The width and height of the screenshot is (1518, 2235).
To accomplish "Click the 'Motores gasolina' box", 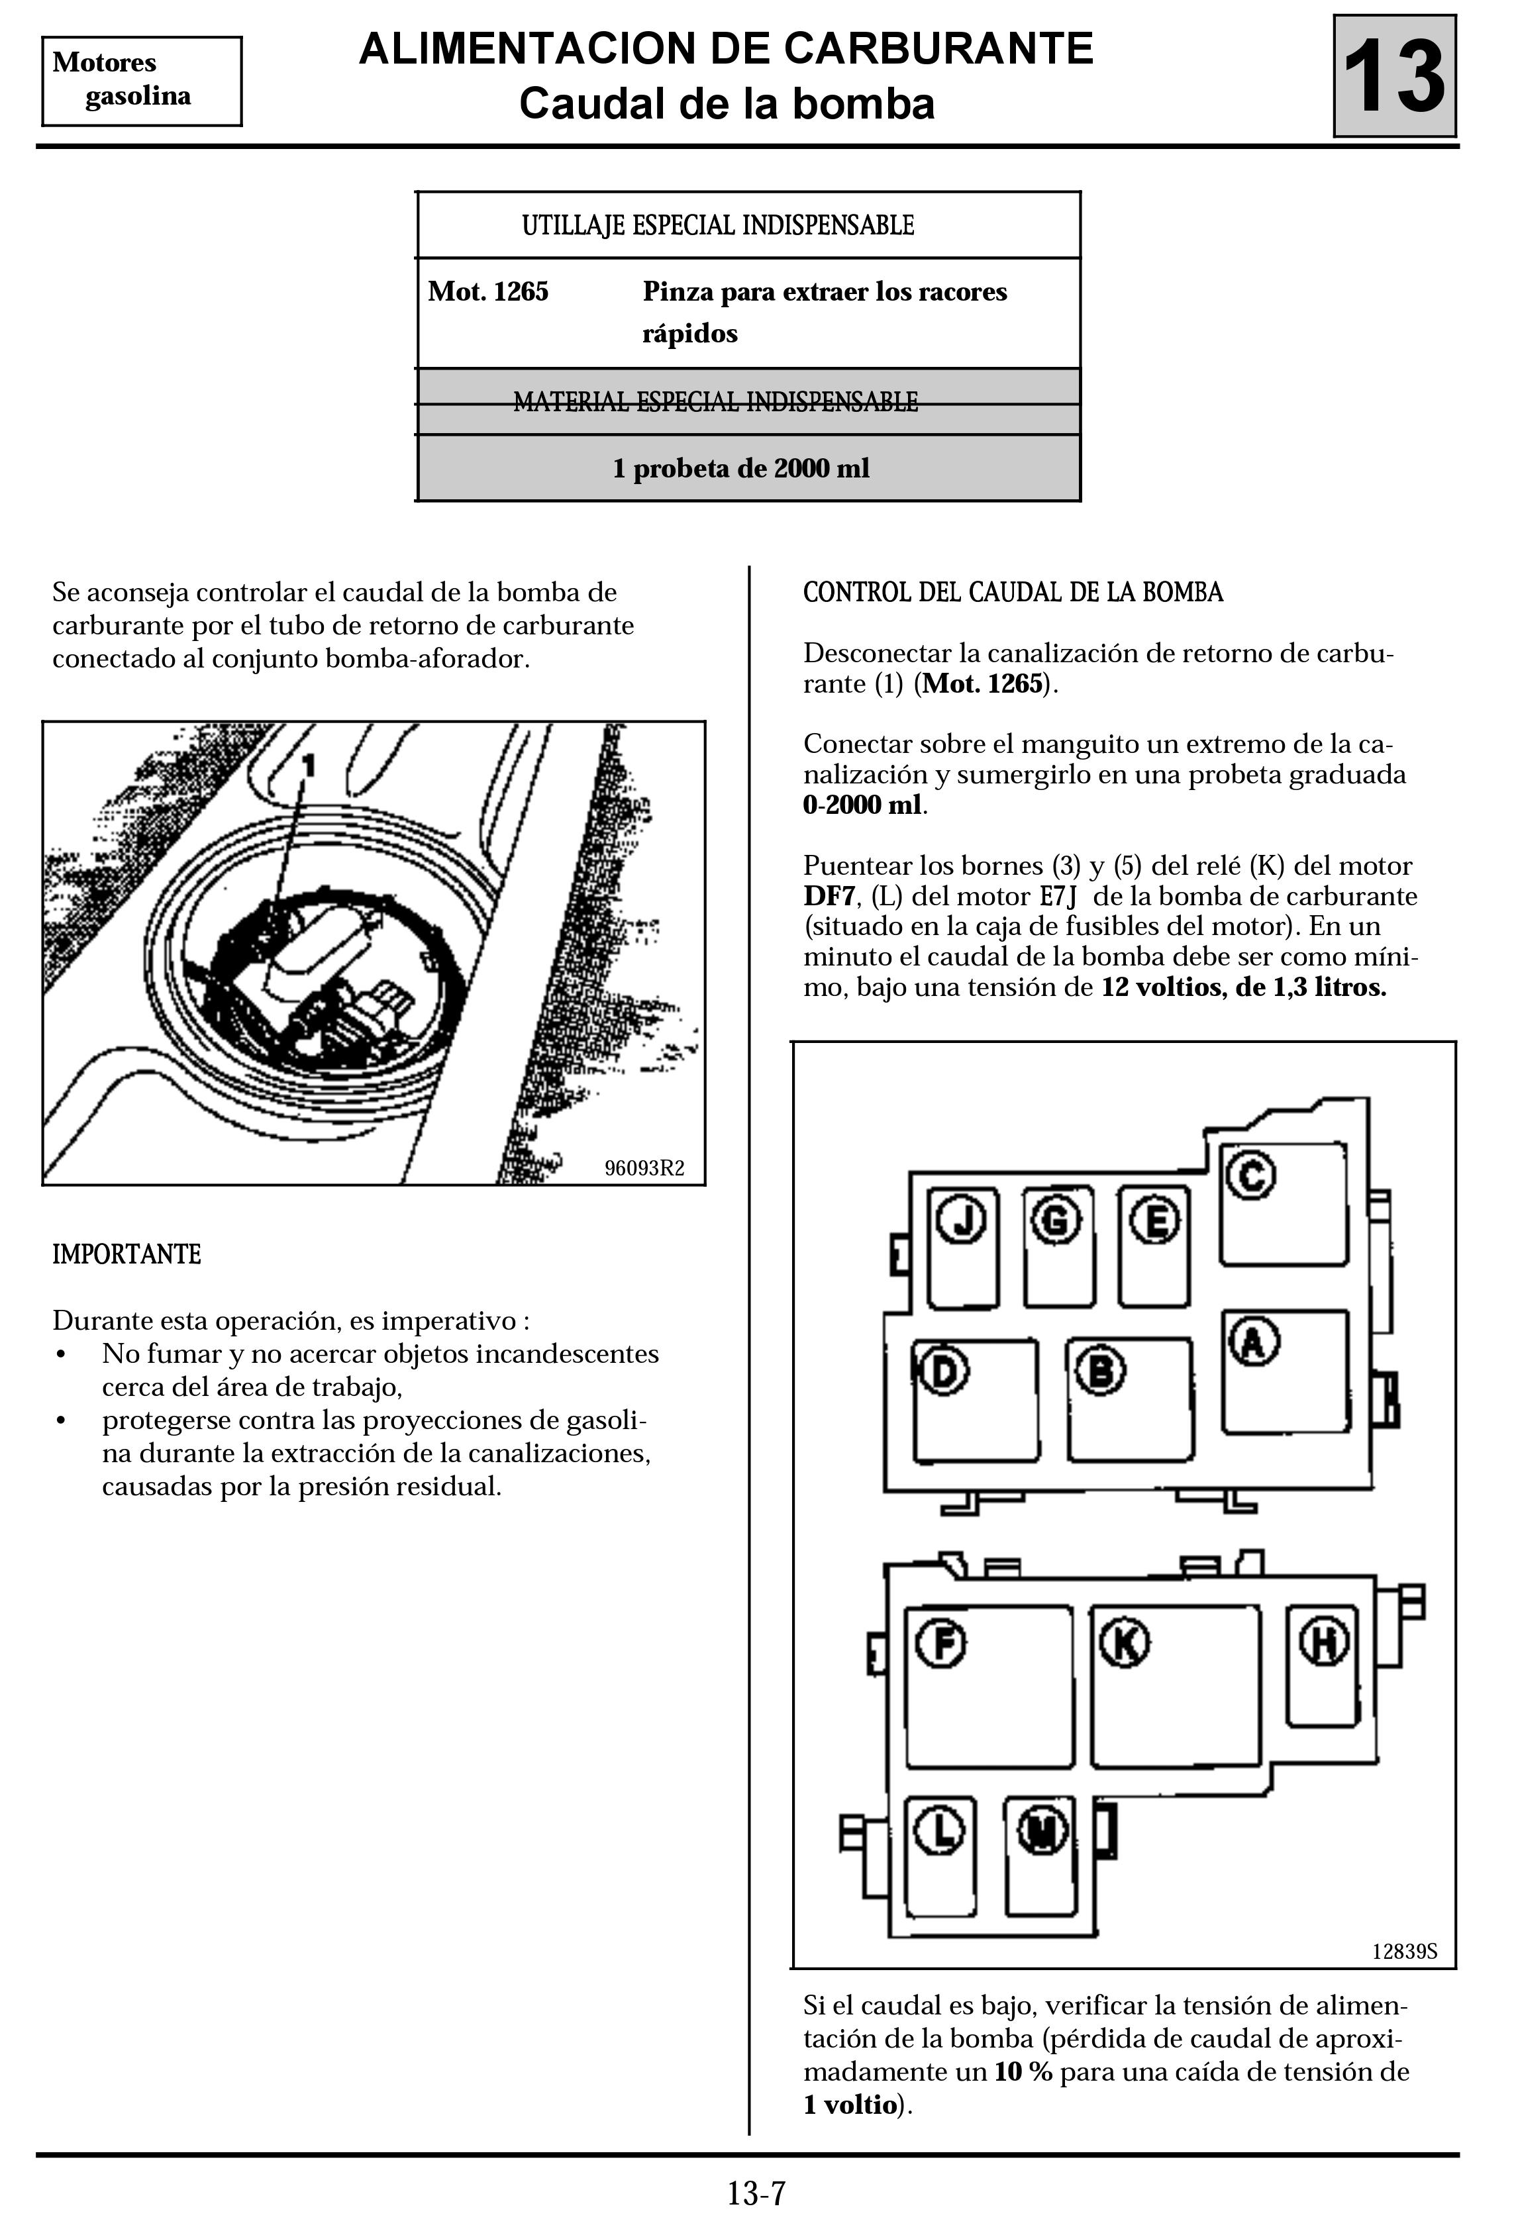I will point(142,81).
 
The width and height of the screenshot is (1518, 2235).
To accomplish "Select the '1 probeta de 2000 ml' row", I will point(740,468).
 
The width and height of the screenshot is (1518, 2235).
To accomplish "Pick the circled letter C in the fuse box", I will point(1252,1175).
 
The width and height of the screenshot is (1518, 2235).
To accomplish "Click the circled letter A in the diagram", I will point(1252,1342).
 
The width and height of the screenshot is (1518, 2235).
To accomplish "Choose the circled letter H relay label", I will point(1324,1642).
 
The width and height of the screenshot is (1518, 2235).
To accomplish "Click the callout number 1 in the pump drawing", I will point(309,766).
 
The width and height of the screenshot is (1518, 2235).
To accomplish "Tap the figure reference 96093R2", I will point(644,1167).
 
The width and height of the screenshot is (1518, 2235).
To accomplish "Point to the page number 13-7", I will point(757,2194).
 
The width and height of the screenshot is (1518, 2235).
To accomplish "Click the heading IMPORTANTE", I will point(126,1254).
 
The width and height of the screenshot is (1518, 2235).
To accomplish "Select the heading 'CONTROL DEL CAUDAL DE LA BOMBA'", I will point(1013,593).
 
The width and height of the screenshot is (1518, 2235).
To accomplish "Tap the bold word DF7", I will point(829,896).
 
